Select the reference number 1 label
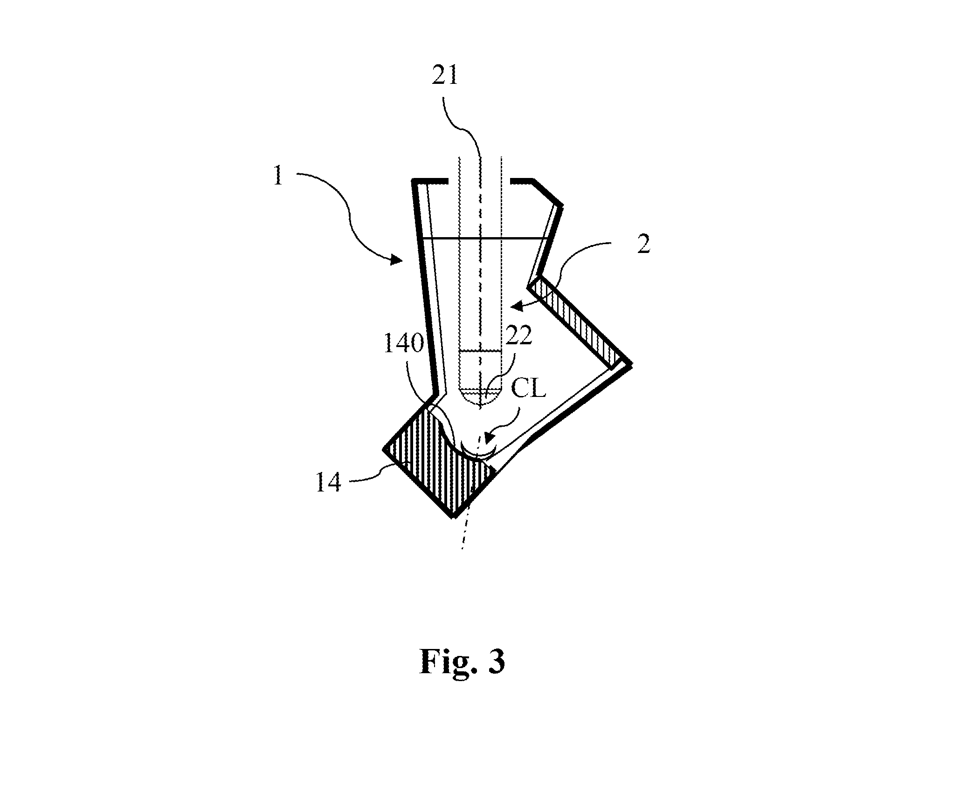(278, 177)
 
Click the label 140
(403, 344)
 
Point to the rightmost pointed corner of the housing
(632, 364)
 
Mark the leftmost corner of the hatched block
(384, 449)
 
